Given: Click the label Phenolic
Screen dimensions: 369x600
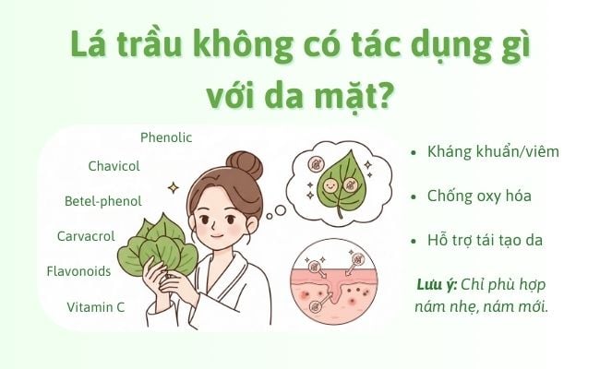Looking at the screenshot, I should coord(166,137).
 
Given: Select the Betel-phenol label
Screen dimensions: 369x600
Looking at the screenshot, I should coord(102,200).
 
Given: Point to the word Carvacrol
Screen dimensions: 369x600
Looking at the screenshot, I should coord(86,236).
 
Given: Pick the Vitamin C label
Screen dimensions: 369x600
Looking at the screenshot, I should coord(96,306).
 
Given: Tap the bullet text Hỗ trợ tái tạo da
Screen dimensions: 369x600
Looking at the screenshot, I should coord(485,240).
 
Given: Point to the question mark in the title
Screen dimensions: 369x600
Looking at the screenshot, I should coord(378,97).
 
